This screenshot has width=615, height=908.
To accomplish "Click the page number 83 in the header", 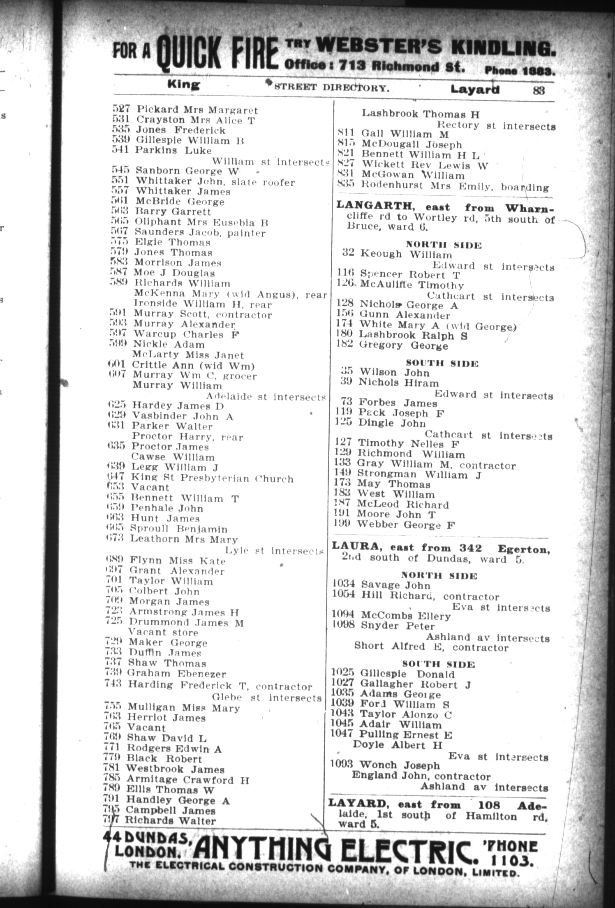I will (x=539, y=89).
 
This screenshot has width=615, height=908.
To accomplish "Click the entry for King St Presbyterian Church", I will (x=212, y=478).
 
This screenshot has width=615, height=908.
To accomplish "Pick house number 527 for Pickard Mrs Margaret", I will (x=121, y=109).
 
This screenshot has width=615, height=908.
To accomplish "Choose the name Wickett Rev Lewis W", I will (x=424, y=165).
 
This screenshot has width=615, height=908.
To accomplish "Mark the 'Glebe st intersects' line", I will (x=266, y=697).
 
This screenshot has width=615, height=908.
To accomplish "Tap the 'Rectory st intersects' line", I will (x=495, y=126).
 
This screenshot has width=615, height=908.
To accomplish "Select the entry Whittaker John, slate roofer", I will (x=215, y=181).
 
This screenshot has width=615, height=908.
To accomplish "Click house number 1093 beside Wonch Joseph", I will (x=342, y=764).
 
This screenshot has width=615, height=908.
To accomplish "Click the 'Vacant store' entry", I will (x=163, y=632).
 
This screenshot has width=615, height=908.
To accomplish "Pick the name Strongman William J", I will (x=419, y=475).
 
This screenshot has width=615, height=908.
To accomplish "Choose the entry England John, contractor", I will (x=421, y=776).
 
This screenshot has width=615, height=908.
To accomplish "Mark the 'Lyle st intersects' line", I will (x=274, y=551).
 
